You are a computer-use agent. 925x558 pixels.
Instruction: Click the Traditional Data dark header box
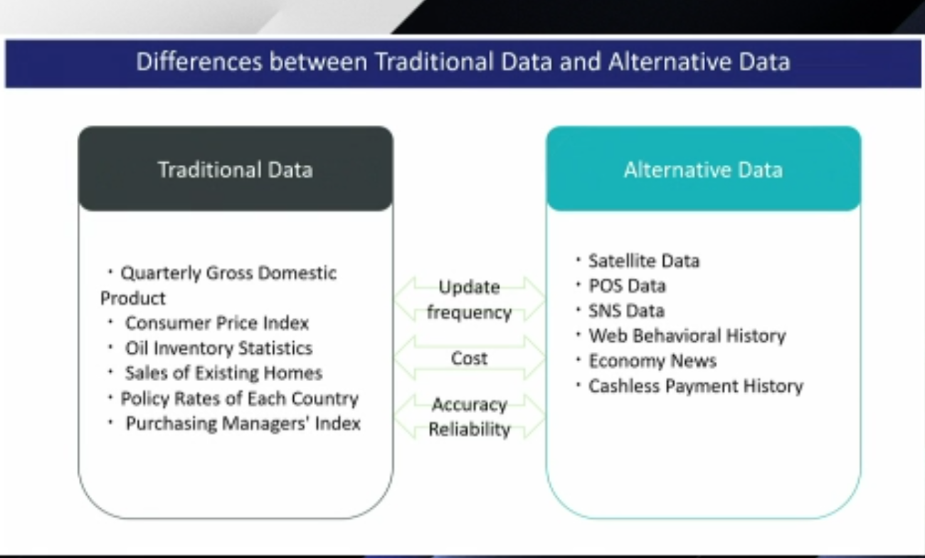click(x=236, y=168)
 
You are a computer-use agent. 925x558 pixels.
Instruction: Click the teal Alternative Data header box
click(x=703, y=168)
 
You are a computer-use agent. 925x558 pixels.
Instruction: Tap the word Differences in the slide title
click(x=199, y=62)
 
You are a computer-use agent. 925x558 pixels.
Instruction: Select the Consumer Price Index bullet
click(x=217, y=323)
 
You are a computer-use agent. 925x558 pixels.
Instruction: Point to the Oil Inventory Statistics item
click(x=219, y=348)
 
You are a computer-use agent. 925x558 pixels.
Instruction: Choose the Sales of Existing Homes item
click(x=223, y=373)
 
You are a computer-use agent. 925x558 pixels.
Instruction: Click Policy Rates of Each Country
click(x=240, y=399)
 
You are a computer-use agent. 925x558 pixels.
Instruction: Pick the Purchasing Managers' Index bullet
click(x=243, y=424)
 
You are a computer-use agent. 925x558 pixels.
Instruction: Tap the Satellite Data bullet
click(x=644, y=261)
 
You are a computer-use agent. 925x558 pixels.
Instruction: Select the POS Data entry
click(x=628, y=286)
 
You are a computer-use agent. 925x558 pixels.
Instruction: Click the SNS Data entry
click(x=626, y=311)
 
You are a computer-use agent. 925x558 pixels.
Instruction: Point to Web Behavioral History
click(x=687, y=336)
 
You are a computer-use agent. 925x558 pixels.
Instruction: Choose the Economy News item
click(x=652, y=361)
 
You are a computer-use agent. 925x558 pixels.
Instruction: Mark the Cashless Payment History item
click(x=696, y=387)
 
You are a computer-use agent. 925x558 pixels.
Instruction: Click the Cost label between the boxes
click(x=469, y=358)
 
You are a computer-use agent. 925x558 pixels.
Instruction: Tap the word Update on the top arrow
click(x=469, y=287)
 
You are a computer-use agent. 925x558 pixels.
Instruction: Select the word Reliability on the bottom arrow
click(x=470, y=429)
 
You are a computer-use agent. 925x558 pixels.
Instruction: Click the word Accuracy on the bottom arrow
click(x=470, y=405)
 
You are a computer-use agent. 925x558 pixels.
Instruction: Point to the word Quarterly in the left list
click(x=161, y=274)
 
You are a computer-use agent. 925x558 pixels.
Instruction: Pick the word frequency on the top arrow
click(x=469, y=313)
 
